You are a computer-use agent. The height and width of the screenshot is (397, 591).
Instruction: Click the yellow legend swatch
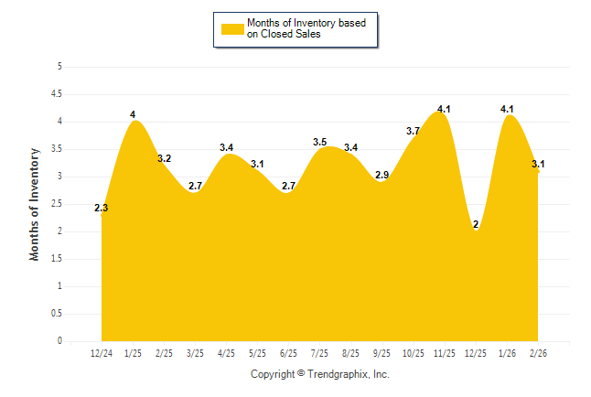tap(232, 28)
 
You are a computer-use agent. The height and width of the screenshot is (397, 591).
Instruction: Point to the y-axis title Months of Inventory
tap(35, 204)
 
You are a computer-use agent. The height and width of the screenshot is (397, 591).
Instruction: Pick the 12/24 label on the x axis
tap(102, 353)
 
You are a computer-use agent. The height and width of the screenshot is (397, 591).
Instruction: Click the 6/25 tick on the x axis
tap(288, 353)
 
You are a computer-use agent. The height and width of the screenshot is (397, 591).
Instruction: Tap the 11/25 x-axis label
tap(444, 353)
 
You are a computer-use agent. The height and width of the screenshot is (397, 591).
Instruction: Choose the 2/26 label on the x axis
tap(537, 353)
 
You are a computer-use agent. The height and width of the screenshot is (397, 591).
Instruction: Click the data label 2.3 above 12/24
tap(101, 209)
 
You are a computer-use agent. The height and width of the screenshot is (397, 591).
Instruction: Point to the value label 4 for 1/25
tap(133, 115)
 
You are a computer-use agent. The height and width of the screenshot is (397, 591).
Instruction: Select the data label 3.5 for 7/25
tap(319, 143)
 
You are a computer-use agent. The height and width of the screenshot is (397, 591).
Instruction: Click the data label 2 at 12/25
tap(476, 225)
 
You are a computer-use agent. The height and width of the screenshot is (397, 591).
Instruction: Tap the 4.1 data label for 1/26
tap(507, 110)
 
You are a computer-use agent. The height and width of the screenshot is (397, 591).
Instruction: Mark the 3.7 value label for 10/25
tap(413, 132)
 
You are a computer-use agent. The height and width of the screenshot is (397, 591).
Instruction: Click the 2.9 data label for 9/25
tap(381, 175)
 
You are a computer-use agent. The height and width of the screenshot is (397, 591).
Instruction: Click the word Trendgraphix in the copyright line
tap(336, 375)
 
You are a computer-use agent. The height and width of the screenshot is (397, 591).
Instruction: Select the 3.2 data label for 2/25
tap(164, 159)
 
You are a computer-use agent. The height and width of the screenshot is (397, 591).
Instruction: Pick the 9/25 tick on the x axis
tap(381, 353)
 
